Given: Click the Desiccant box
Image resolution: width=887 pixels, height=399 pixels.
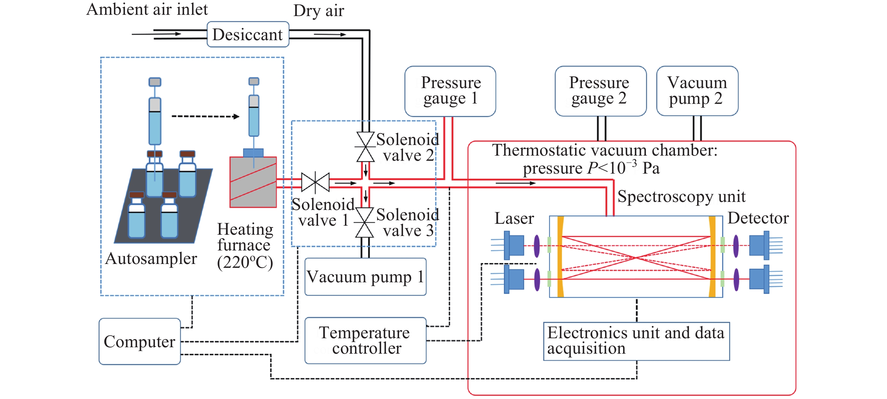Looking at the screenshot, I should tap(247, 34).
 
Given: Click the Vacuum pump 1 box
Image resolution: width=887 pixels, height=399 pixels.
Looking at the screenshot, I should tap(365, 277).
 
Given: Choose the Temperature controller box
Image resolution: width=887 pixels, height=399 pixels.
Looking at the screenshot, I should tap(365, 340).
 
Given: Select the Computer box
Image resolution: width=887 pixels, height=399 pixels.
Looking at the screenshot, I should tap(139, 341).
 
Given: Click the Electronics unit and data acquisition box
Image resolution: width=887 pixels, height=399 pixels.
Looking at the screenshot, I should tap(636, 341).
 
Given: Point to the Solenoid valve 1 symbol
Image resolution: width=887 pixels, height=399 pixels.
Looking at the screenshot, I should tap(315, 182).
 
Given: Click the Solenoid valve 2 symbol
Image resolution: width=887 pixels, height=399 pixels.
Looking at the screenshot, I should tap(365, 147).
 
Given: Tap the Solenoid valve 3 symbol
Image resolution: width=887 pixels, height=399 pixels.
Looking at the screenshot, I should tap(365, 222).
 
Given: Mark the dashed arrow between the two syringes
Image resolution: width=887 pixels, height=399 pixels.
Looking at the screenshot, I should tap(206, 116).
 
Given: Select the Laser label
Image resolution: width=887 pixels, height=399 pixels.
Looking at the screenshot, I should tap(514, 218).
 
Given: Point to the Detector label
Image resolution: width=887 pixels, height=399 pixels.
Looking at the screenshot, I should tap(758, 218).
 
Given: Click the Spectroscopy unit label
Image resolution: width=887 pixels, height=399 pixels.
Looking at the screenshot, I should tap(681, 197).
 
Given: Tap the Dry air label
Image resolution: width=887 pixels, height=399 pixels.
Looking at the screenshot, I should tap(319, 11).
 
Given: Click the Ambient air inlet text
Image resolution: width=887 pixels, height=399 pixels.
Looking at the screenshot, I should tap(147, 9).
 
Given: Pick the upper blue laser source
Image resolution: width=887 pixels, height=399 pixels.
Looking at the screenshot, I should tap(514, 245).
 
